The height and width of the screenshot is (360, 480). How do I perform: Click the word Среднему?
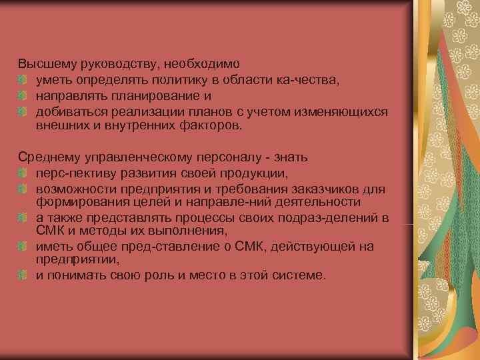(47, 157)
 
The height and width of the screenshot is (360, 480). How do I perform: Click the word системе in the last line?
(299, 273)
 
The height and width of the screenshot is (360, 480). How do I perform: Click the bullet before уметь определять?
(23, 81)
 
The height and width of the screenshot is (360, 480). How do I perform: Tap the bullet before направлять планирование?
(23, 96)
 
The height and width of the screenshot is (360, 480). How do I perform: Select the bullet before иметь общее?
(23, 246)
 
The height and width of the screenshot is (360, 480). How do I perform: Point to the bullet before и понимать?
(23, 273)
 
